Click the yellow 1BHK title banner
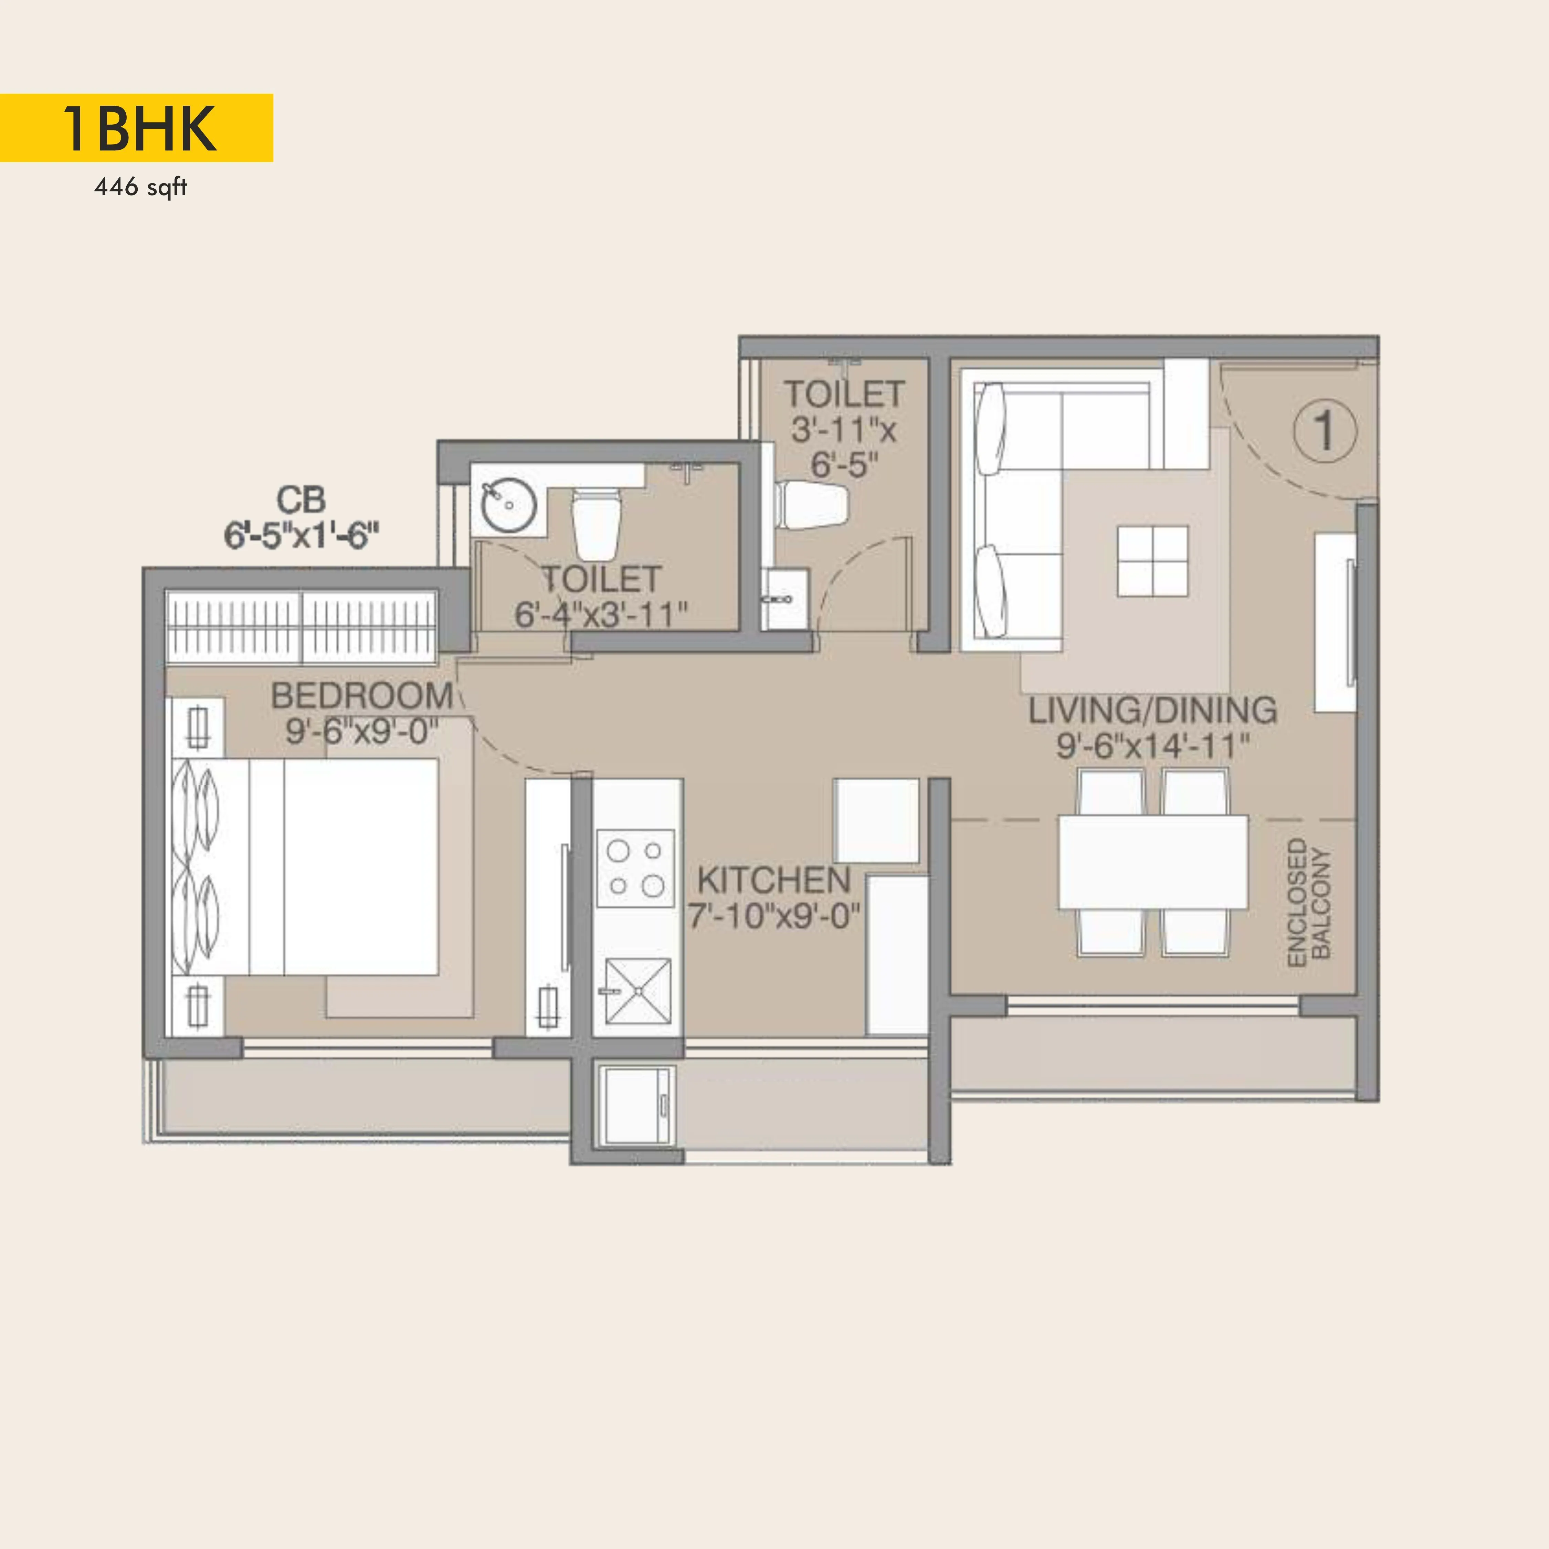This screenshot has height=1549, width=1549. pos(136,127)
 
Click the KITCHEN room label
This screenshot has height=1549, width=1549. pos(774,880)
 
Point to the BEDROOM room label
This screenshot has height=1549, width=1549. pos(361,695)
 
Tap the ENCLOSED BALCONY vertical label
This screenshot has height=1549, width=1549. pos(1308,902)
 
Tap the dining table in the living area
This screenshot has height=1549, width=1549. pos(1153,862)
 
